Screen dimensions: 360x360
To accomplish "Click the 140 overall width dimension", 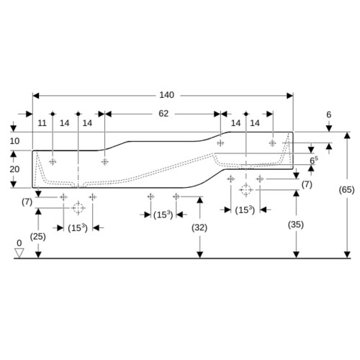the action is (167, 95).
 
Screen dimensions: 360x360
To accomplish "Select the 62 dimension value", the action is (163, 114).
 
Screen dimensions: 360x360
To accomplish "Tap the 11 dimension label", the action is (42, 123).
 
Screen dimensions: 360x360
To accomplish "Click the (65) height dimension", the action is (346, 190).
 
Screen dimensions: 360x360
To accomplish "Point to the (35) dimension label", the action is (296, 225).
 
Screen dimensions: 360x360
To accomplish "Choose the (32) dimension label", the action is (199, 228).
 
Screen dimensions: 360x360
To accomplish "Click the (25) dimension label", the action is (38, 237).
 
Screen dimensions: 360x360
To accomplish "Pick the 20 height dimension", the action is (14, 169).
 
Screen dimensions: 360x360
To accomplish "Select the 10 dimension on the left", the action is (14, 141).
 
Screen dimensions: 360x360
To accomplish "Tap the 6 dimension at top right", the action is (329, 114).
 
